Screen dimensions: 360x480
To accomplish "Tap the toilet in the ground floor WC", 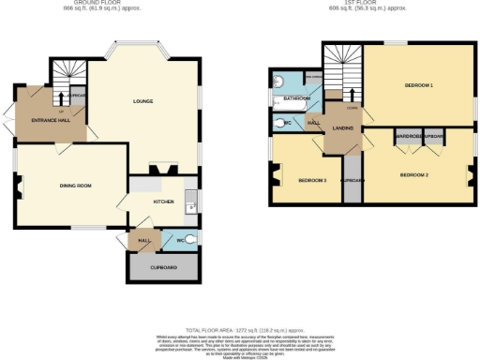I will (191, 240).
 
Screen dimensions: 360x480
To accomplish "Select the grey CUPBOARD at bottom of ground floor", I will (163, 268).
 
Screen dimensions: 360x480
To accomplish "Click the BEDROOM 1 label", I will (418, 85).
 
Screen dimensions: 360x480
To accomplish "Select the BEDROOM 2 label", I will (413, 175).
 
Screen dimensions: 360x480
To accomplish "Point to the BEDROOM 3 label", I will (312, 179).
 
